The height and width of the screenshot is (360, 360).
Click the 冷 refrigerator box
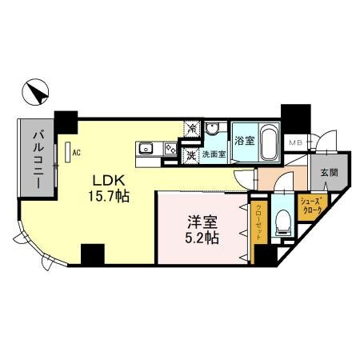192,127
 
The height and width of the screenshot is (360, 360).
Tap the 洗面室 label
214,154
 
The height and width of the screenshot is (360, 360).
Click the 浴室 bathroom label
244,142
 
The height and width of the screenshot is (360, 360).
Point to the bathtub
268,142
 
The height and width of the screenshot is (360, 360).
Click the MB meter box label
295,142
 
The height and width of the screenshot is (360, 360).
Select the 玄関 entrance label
328,172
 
